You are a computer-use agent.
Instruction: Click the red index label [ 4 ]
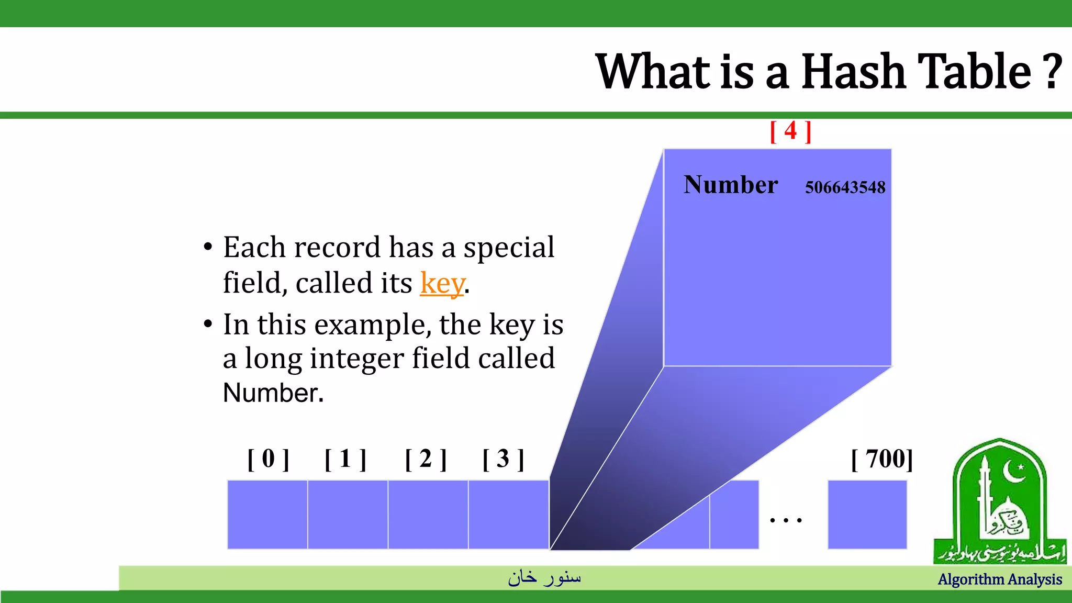(790, 131)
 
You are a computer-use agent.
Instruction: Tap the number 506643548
(845, 187)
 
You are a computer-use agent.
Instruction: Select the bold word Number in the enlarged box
(730, 185)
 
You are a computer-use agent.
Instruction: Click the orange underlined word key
(442, 283)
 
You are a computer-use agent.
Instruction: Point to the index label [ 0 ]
(268, 459)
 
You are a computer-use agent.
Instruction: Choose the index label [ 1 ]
(345, 459)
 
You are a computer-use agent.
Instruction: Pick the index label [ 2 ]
(426, 459)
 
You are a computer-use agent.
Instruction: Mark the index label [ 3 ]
(503, 459)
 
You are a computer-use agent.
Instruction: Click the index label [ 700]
(882, 459)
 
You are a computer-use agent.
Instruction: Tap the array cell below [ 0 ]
(267, 515)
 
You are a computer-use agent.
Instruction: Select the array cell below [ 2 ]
(428, 515)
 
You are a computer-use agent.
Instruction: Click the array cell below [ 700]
(867, 515)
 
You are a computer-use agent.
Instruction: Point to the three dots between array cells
(786, 520)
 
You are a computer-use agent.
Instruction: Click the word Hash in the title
(853, 72)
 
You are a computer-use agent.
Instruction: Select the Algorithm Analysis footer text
(999, 579)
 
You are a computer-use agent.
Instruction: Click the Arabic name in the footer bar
(544, 577)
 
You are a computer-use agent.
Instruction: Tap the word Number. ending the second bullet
(273, 393)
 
